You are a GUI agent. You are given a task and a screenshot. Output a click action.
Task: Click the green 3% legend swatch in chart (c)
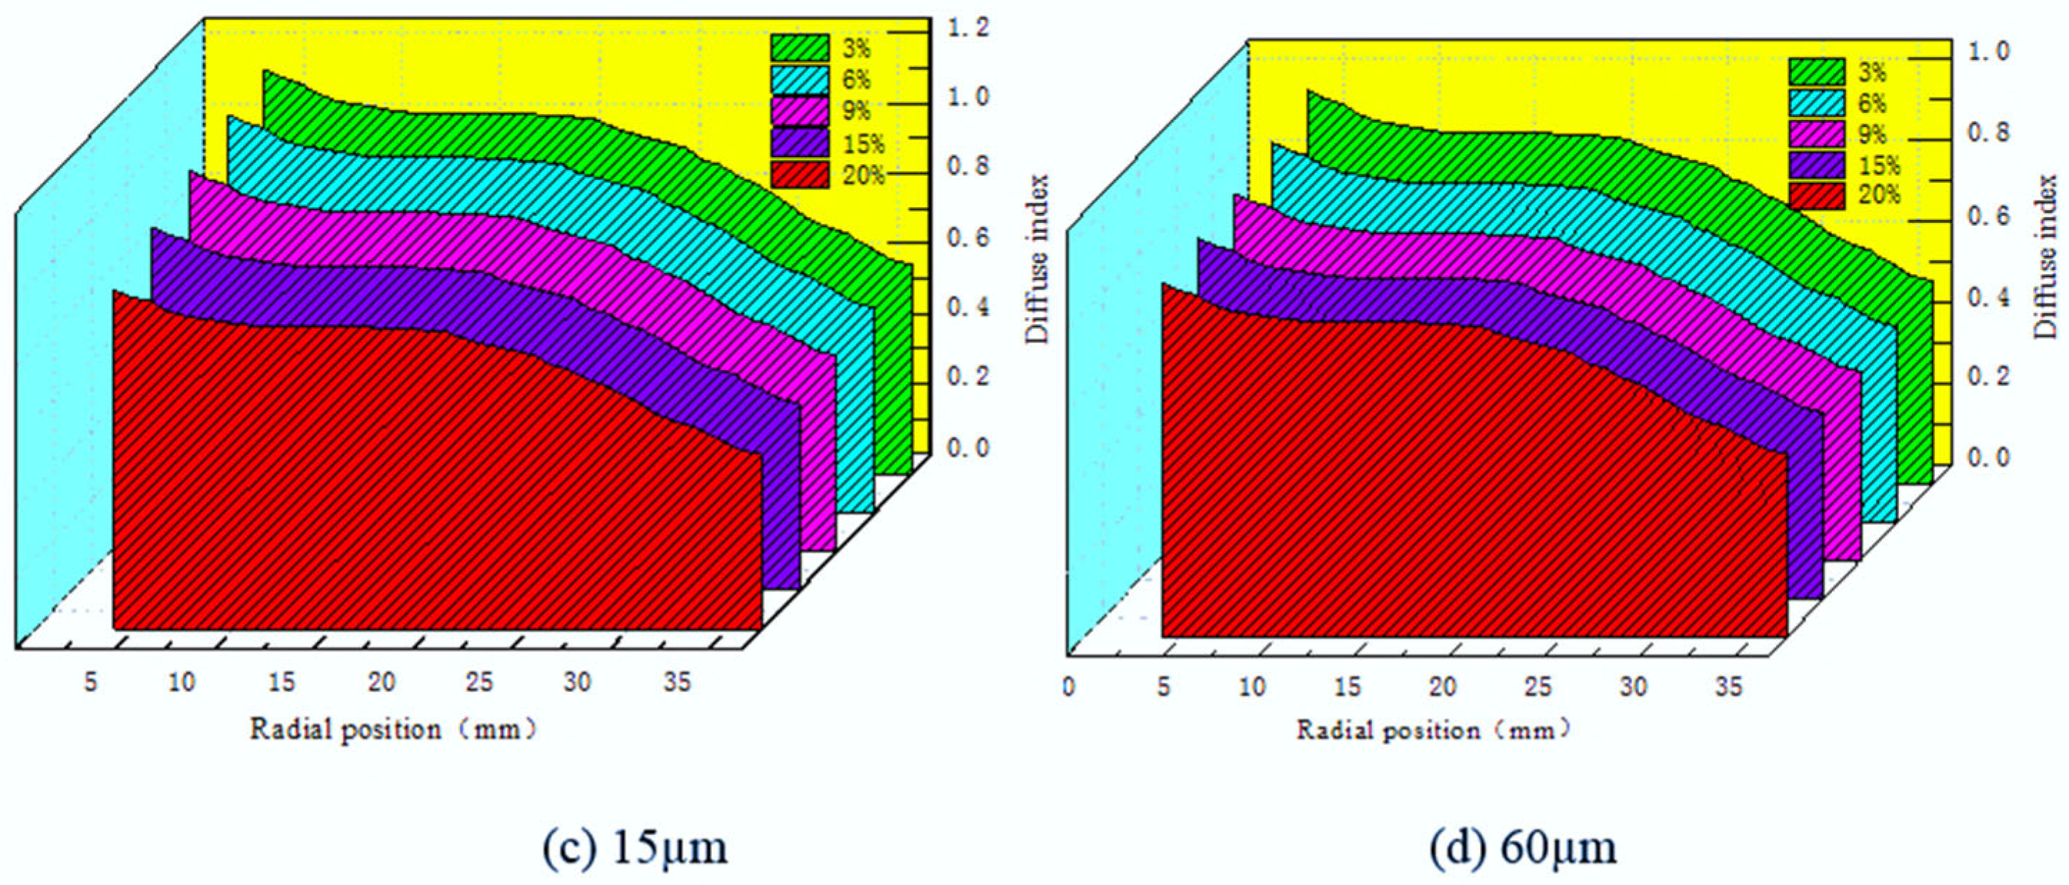[800, 48]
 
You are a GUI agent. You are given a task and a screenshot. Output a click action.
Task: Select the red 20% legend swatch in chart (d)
[1817, 195]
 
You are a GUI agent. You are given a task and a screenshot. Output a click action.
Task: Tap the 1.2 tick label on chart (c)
[968, 28]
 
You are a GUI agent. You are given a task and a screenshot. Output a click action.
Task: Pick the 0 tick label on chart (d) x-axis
[1068, 687]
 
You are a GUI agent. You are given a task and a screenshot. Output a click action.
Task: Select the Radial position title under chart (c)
[393, 729]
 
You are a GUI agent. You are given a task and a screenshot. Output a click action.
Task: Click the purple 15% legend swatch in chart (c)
[800, 143]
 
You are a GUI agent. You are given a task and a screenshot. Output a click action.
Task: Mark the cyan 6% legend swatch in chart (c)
[800, 79]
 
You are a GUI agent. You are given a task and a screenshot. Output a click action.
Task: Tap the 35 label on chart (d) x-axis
[1729, 687]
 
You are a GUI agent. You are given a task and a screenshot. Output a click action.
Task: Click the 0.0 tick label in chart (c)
[968, 447]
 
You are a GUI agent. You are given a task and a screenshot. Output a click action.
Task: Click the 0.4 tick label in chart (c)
[968, 308]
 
